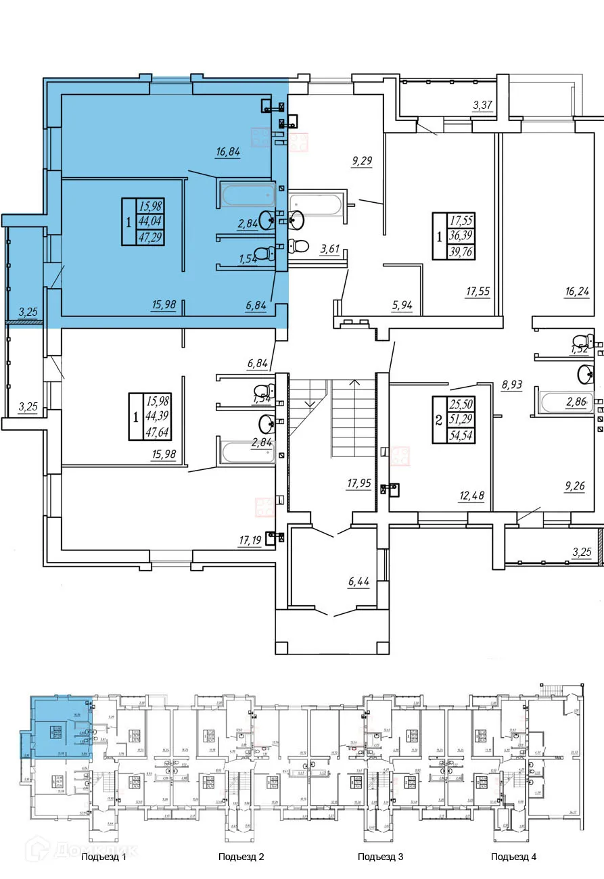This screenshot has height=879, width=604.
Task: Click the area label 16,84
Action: coord(228,153)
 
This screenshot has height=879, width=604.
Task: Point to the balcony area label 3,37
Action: coord(482,105)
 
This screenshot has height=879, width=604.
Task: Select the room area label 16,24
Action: coord(577,292)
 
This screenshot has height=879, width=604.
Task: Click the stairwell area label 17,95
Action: coord(358,483)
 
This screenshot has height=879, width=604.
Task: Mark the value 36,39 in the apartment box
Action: coord(462,237)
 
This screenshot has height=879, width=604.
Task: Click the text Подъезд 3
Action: coord(380,857)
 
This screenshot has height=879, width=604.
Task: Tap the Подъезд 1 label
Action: coord(103,857)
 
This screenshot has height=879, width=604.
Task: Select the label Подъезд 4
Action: coord(513,857)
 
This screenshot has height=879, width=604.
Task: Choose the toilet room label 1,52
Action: coord(580,349)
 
